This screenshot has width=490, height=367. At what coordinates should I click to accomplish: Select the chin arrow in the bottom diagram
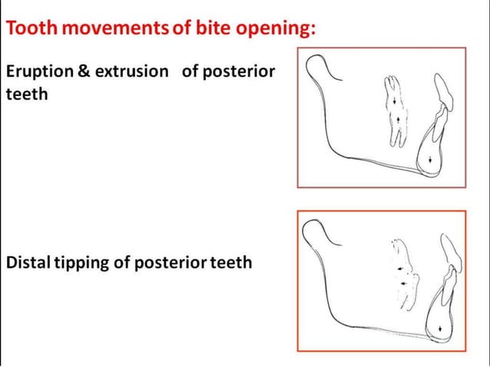coord(439,329)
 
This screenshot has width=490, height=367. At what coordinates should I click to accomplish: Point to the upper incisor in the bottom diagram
coord(451,257)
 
